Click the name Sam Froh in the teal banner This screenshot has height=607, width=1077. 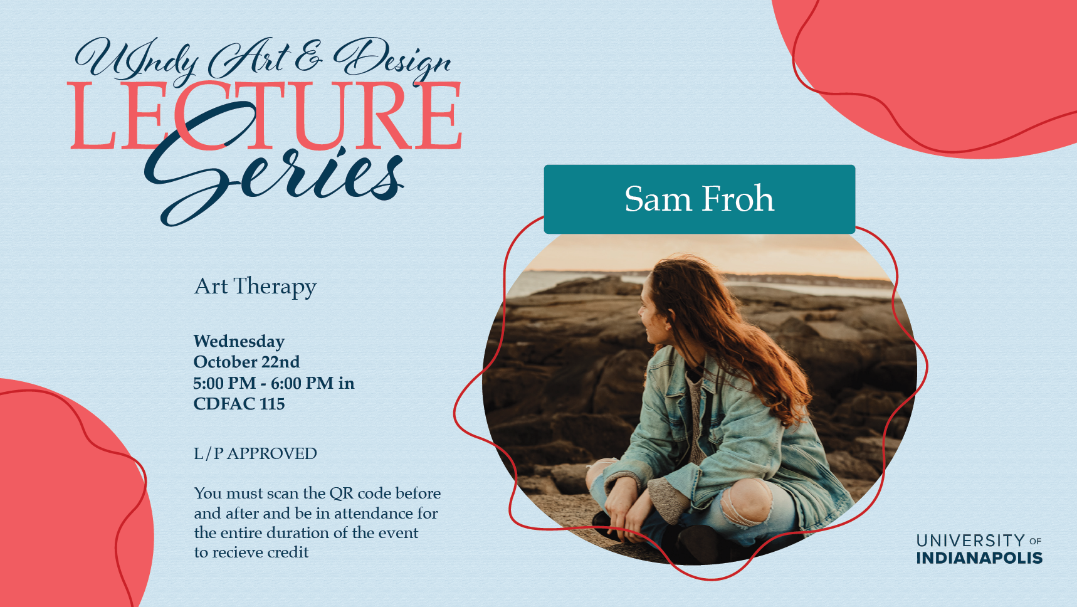(x=699, y=199)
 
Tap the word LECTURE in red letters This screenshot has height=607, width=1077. (x=265, y=117)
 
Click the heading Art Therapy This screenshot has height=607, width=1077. (x=255, y=287)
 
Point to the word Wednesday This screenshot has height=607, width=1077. (x=239, y=342)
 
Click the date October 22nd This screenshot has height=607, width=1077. (x=246, y=362)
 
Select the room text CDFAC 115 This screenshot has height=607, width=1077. (x=239, y=404)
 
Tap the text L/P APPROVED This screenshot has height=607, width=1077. (x=255, y=453)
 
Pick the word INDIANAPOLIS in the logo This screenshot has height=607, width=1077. (x=979, y=558)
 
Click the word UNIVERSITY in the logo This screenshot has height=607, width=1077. (x=970, y=541)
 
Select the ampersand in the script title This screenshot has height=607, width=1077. (x=308, y=56)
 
